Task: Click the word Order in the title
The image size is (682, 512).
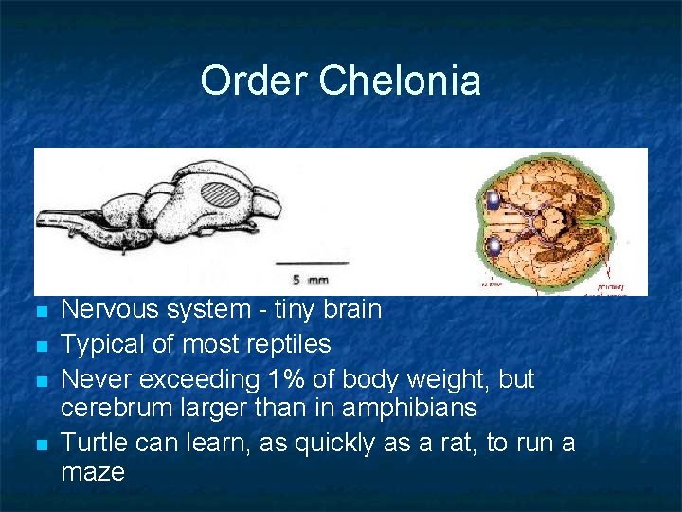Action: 255,81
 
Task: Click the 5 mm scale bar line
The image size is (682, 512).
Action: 312,262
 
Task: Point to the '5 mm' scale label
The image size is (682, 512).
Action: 310,280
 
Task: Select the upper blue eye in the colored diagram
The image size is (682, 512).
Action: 494,200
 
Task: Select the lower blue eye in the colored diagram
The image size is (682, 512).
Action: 494,249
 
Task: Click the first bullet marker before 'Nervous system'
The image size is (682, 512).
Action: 39,311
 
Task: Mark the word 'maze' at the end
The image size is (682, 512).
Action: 93,471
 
